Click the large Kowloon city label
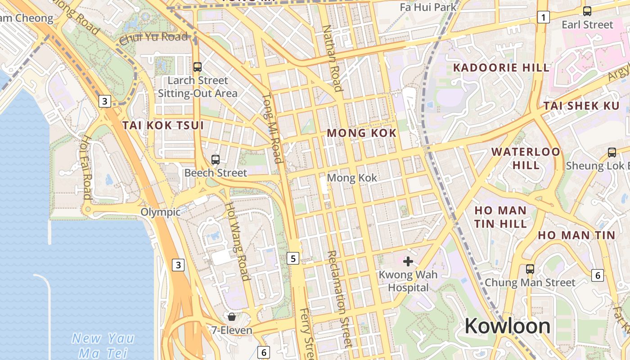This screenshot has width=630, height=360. point(507,326)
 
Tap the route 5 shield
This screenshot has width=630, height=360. point(293,258)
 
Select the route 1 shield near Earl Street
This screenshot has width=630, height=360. point(544,18)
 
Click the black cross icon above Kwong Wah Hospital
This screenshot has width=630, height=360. point(408,261)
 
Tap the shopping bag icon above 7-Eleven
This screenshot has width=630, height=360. point(232,317)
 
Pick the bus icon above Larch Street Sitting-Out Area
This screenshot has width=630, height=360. point(197,67)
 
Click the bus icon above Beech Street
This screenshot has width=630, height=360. point(216,159)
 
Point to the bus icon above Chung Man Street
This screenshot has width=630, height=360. point(530,269)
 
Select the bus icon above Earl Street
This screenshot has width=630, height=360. point(587,11)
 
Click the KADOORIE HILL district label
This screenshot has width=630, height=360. point(501,68)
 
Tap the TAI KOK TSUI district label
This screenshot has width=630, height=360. point(163,125)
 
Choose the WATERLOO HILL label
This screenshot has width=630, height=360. point(526,158)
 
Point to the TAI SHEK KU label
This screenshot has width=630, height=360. point(578,106)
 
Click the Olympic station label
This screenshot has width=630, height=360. point(160,212)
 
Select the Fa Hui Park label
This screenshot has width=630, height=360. point(428,7)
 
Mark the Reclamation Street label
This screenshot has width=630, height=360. point(339,299)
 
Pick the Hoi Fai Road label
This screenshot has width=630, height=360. point(85,167)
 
